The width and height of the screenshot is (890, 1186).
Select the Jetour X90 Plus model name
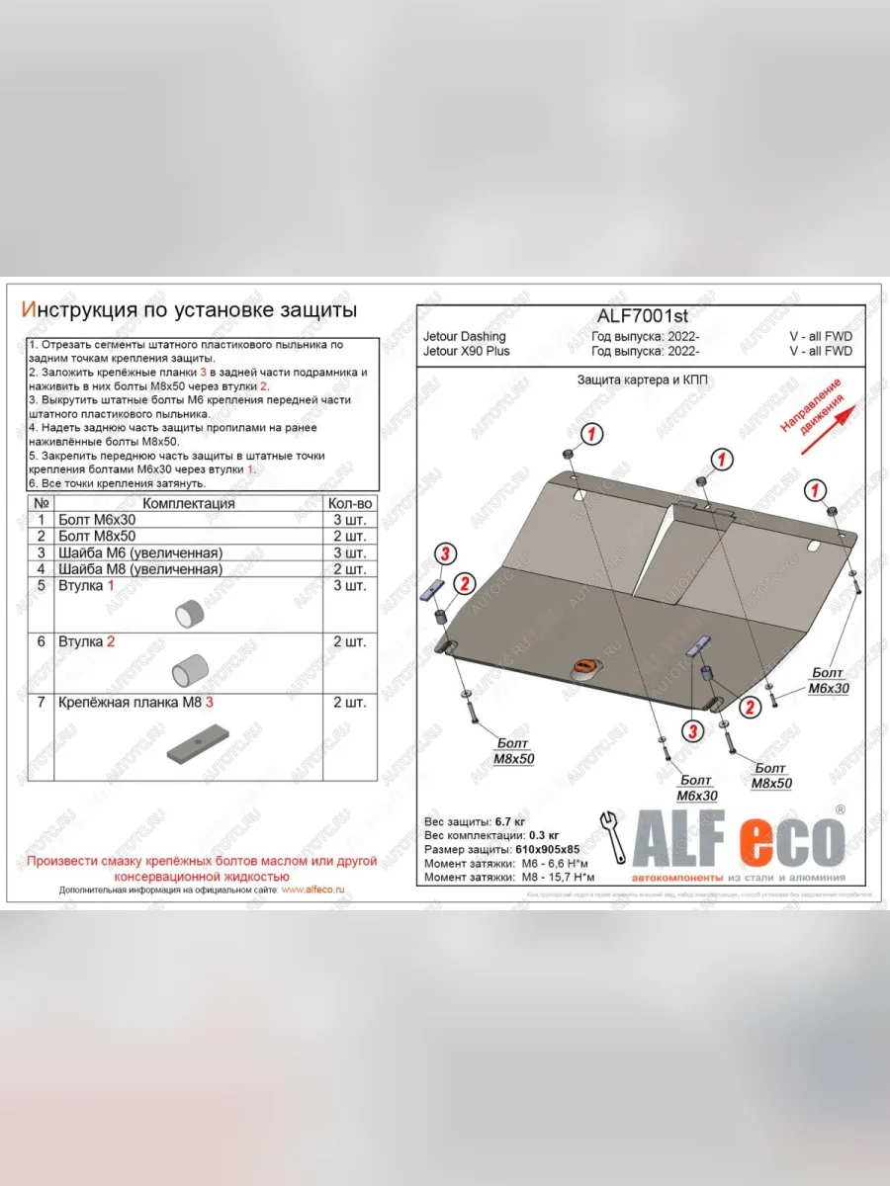(x=467, y=351)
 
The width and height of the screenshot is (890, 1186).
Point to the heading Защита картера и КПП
(x=642, y=380)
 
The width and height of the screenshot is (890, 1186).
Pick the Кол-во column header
(x=349, y=503)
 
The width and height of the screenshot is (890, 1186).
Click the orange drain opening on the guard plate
(x=584, y=667)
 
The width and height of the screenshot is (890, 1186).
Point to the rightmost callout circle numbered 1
(x=816, y=490)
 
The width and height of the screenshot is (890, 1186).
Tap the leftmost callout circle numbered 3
(x=446, y=553)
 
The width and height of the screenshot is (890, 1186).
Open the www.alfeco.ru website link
(x=312, y=889)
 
